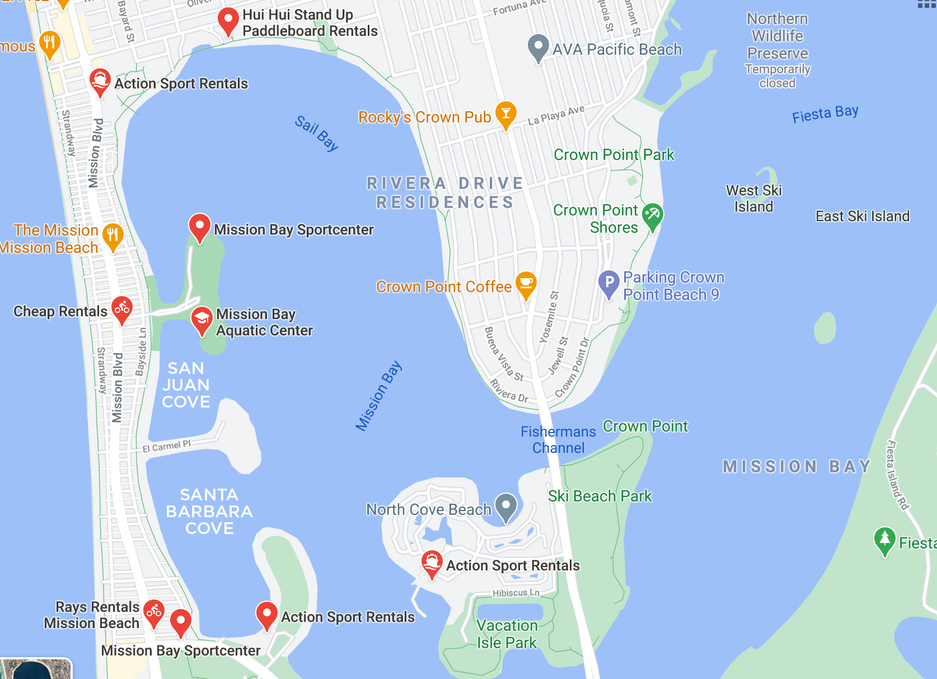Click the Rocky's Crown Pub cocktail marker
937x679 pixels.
(505, 114)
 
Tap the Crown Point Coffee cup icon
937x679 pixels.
(526, 283)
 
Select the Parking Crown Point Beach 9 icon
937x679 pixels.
(609, 283)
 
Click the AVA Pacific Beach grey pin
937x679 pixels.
(538, 47)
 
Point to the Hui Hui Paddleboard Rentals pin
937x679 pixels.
(228, 20)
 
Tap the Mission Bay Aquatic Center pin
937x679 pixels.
(202, 319)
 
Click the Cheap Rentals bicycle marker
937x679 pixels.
(122, 308)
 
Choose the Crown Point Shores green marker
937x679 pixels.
(652, 216)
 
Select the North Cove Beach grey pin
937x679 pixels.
(506, 506)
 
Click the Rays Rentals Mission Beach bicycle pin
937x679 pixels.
(154, 612)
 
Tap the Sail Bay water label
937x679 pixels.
(317, 133)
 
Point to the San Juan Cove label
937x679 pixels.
(186, 385)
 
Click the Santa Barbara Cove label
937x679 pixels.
(209, 512)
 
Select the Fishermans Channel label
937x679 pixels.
(558, 440)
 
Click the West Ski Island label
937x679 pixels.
(753, 199)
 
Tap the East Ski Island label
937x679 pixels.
(862, 216)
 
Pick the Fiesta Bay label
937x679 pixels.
(825, 114)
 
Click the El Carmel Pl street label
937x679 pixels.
(166, 446)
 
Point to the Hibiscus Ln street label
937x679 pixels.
(516, 593)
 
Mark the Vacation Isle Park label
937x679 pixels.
(507, 634)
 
